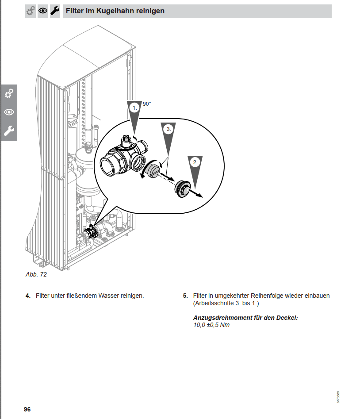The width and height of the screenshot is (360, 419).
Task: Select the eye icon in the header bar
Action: coord(43,11)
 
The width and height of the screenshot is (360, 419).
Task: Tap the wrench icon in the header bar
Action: coord(54,11)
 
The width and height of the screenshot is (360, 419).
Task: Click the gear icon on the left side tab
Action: coord(9,94)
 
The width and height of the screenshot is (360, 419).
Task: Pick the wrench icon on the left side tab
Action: coord(9,131)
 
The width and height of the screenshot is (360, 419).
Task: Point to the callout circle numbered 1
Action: coord(134,107)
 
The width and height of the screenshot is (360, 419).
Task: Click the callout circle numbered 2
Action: coord(195,162)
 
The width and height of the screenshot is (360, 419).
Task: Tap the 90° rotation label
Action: coord(147,104)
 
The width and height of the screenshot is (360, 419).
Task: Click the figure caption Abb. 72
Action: coord(36,274)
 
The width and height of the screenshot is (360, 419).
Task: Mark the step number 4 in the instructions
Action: coord(27,296)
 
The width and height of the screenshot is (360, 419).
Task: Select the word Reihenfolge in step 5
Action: coord(266,296)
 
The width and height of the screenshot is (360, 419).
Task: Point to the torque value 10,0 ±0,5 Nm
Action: coord(211,325)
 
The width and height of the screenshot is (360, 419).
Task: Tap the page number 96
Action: coord(27,409)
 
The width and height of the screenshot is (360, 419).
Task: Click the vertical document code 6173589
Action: coord(338,396)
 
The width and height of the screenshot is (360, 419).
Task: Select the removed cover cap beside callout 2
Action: coord(182,189)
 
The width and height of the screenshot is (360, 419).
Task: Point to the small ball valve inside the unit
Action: coord(92,231)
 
